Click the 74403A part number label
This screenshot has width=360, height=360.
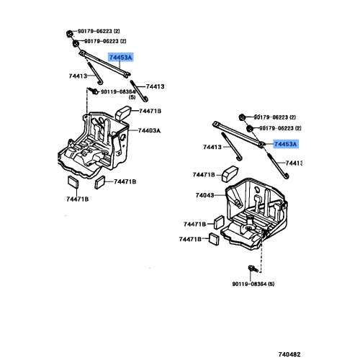pyautogui.click(x=150, y=130)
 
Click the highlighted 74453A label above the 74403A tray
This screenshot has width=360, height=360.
pyautogui.click(x=121, y=56)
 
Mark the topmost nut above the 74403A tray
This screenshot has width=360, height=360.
pyautogui.click(x=66, y=32)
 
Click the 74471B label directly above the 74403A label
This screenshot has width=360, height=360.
pyautogui.click(x=150, y=111)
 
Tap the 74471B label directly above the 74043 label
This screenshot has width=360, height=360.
pyautogui.click(x=204, y=175)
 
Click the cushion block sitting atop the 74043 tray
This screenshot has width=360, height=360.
pyautogui.click(x=230, y=174)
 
